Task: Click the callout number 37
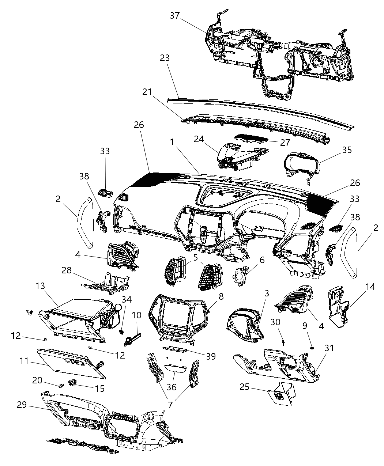click(x=174, y=15)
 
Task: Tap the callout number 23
click(x=165, y=58)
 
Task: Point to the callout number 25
click(x=244, y=387)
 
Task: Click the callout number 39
click(x=211, y=356)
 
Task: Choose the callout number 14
click(x=370, y=287)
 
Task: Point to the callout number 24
click(x=199, y=140)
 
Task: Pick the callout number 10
click(x=136, y=315)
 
